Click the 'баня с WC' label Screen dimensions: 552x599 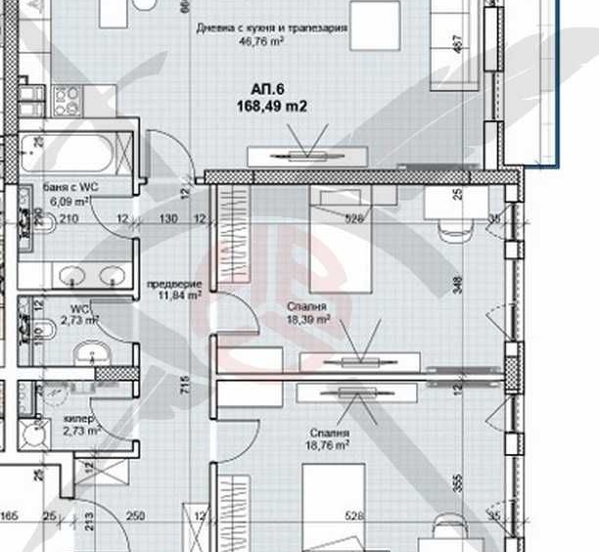click(70, 186)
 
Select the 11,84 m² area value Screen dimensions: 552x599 click(172, 293)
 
